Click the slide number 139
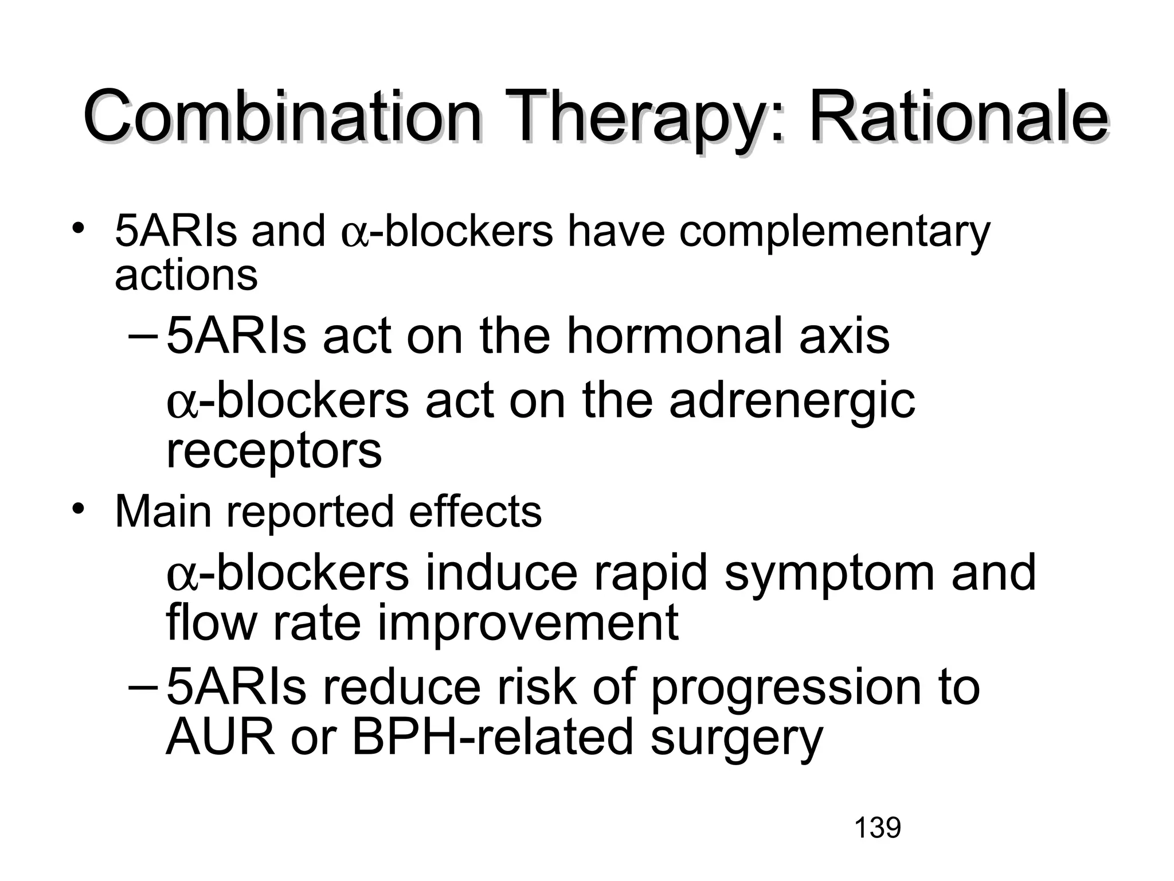[877, 828]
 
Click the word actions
[186, 275]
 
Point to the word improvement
[527, 623]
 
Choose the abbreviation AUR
[220, 738]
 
